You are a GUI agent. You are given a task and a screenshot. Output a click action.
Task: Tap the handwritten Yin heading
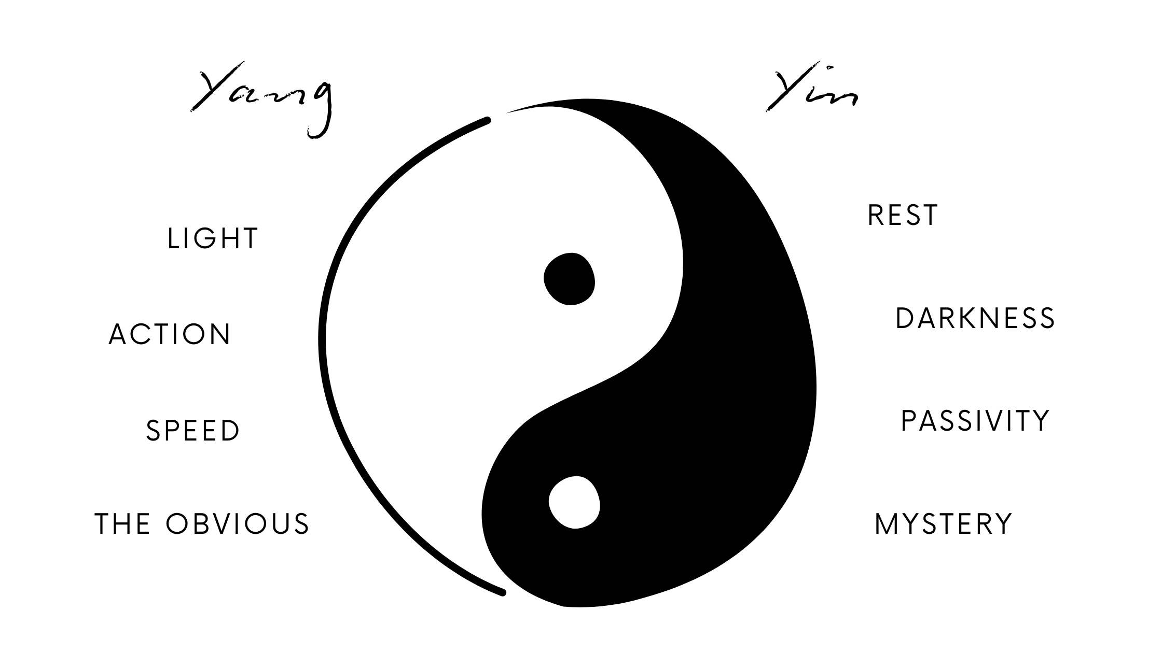click(x=812, y=91)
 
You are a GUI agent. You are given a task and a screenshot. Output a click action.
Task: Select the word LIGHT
click(x=213, y=239)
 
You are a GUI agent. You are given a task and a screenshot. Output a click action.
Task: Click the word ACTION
click(x=170, y=334)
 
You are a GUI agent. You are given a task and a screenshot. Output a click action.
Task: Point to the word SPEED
click(x=193, y=431)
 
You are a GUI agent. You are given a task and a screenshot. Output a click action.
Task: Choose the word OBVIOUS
click(x=238, y=523)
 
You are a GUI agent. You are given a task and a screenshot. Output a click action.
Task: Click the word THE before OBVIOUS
click(x=122, y=523)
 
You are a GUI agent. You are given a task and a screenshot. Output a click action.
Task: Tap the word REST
click(x=903, y=216)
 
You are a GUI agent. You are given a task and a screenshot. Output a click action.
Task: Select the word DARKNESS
click(x=975, y=318)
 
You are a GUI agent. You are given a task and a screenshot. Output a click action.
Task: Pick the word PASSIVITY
click(x=975, y=420)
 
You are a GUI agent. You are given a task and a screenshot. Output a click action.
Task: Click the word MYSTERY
click(x=944, y=524)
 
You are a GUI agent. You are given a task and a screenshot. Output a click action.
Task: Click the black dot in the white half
click(x=569, y=279)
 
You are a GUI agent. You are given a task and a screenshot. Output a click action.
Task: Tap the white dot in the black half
click(x=574, y=502)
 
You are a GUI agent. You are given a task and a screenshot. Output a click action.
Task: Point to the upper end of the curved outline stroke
click(x=488, y=120)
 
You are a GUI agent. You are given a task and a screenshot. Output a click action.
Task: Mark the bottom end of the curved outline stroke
click(x=502, y=592)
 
